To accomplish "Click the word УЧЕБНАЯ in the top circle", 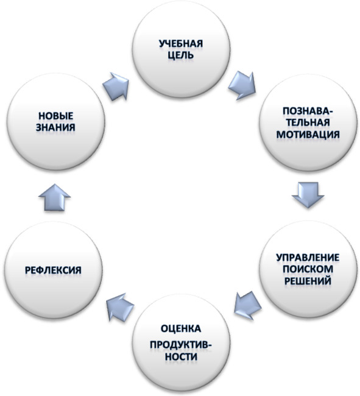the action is (x=181, y=43).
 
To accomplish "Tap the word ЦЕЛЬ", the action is (x=181, y=55).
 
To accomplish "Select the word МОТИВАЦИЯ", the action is (x=308, y=134).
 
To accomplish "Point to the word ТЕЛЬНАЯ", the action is (x=308, y=122).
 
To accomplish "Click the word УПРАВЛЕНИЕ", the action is (x=308, y=257).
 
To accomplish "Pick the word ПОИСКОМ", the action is (x=308, y=269).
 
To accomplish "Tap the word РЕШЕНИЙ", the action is (x=308, y=281).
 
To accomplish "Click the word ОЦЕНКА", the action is (x=181, y=328).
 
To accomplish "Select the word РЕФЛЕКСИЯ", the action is (x=53, y=270).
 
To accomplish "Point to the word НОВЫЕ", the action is (x=56, y=116).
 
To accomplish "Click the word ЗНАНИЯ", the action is (x=55, y=127).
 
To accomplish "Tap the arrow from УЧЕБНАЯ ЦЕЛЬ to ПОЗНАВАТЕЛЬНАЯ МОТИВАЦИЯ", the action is (x=242, y=85).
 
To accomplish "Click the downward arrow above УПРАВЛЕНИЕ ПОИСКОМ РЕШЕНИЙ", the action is (x=308, y=195).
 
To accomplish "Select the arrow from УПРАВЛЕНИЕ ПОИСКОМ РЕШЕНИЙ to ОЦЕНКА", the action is (x=247, y=306).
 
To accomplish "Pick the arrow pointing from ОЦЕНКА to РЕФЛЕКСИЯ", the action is (x=120, y=307).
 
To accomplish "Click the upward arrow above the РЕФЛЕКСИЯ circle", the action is (x=55, y=197).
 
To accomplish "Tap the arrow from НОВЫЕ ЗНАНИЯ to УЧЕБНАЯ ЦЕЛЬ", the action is (x=116, y=87).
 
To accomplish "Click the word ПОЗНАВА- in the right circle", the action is (x=308, y=111).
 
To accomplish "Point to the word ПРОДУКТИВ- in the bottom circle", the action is (x=181, y=344).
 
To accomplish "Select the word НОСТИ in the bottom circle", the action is (x=181, y=356).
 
